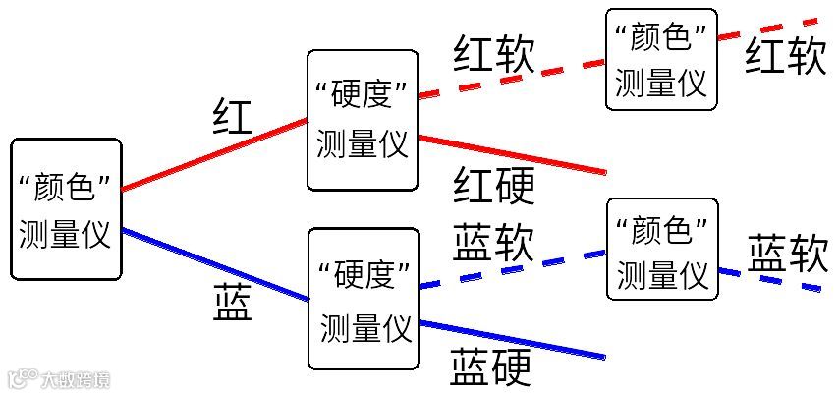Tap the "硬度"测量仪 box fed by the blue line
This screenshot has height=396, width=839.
364,299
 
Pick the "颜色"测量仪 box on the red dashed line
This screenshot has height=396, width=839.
661,58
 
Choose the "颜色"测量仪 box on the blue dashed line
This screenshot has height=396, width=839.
662,249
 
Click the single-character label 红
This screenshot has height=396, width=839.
232,117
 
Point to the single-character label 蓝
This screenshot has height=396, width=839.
232,304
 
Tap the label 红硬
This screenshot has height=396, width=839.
494,185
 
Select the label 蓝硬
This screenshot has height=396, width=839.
491,368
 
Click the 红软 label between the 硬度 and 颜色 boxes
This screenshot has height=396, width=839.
494,54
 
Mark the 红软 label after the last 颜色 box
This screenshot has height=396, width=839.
785,56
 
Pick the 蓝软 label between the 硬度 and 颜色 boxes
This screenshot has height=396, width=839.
493,242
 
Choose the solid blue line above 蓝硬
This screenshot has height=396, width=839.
511,339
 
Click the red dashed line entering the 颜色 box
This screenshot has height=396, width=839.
511,77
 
